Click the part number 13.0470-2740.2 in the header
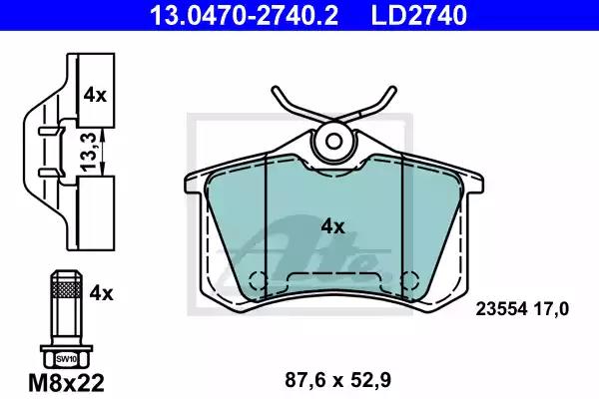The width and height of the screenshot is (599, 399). (x=244, y=15)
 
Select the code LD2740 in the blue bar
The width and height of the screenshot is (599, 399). (x=418, y=15)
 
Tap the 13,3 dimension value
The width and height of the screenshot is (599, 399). (x=88, y=152)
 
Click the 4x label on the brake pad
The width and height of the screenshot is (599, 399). (x=332, y=226)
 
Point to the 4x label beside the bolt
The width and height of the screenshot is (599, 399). (x=101, y=293)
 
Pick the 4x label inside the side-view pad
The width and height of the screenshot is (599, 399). (x=95, y=95)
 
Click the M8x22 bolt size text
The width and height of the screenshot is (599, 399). (x=67, y=383)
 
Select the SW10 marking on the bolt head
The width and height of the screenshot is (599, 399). (x=67, y=359)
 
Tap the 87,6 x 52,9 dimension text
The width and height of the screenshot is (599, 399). (x=337, y=380)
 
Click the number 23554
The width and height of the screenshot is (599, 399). (x=501, y=308)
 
